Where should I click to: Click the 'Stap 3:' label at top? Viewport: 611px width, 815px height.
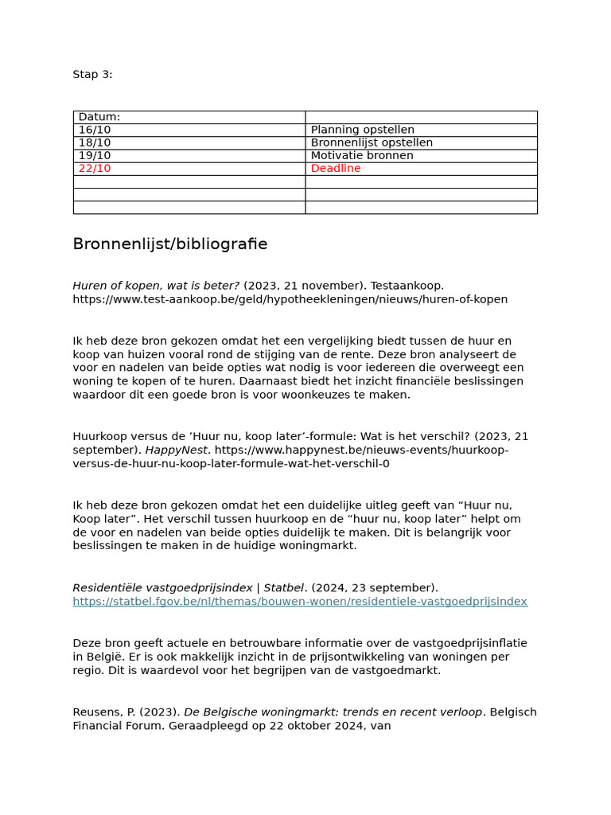(92, 75)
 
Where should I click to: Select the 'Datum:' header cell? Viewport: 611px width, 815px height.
(99, 117)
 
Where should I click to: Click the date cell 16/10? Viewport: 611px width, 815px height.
(95, 130)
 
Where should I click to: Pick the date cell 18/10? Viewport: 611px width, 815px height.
(95, 142)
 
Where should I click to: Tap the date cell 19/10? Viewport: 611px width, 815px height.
(95, 155)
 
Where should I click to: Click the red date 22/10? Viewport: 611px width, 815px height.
(95, 169)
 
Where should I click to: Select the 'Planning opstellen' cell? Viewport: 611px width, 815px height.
(362, 130)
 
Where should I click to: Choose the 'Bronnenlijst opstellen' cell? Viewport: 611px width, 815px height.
(372, 142)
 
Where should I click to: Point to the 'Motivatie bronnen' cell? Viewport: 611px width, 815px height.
(362, 155)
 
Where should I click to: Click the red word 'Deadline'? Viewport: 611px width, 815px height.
(336, 169)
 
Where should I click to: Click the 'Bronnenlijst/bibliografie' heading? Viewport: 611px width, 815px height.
(170, 244)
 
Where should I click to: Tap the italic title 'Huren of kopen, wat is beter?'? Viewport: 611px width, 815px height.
(156, 286)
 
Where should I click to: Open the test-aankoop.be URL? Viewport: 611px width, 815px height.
(290, 299)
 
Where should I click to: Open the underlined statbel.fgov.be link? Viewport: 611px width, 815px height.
(300, 602)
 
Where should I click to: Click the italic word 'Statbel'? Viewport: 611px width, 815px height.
(284, 588)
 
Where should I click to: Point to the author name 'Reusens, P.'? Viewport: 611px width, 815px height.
(103, 712)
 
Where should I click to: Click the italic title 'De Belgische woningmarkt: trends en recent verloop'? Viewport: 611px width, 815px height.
(333, 712)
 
